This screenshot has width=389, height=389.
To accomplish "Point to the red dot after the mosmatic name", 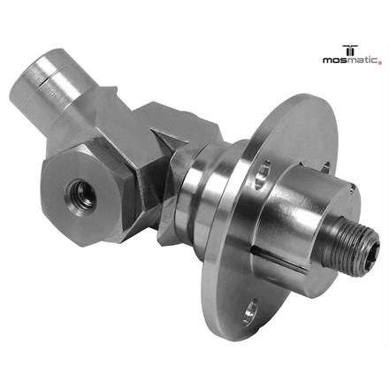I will (x=380, y=63).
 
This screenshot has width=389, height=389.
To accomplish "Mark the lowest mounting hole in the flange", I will (x=250, y=310).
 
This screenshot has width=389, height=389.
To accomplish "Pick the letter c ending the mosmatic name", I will (x=376, y=61).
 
